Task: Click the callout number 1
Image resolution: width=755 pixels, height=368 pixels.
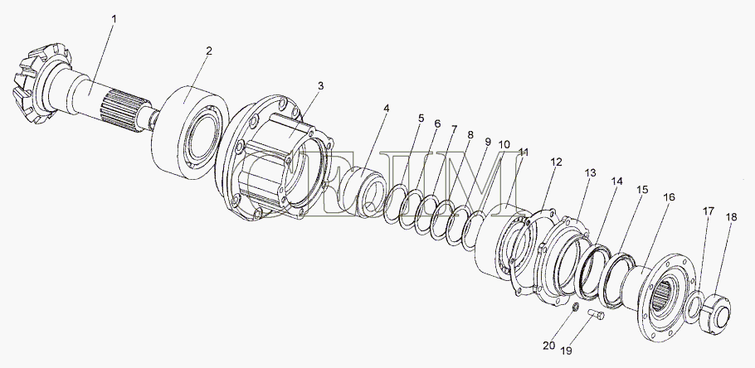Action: [x=114, y=19]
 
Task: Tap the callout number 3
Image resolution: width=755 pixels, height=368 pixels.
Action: [x=321, y=86]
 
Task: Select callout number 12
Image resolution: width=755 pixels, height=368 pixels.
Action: [x=556, y=162]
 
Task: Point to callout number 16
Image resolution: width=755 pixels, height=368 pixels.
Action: [x=669, y=197]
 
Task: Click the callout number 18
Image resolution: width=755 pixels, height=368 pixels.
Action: [x=731, y=217]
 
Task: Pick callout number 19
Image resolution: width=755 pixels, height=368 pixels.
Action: [x=566, y=351]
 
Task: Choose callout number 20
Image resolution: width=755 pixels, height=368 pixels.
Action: [x=549, y=346]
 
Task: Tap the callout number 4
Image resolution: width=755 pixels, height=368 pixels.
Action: [x=386, y=109]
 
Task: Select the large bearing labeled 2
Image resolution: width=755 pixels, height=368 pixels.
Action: [x=190, y=133]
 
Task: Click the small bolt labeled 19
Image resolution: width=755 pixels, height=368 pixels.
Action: [x=595, y=315]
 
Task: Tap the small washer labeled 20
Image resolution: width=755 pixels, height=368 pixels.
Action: [x=574, y=307]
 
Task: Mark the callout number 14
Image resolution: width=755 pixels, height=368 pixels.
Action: [x=616, y=182]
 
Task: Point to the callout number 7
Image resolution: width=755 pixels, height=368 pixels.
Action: [x=454, y=129]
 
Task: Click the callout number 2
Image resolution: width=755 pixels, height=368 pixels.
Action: [x=209, y=51]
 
